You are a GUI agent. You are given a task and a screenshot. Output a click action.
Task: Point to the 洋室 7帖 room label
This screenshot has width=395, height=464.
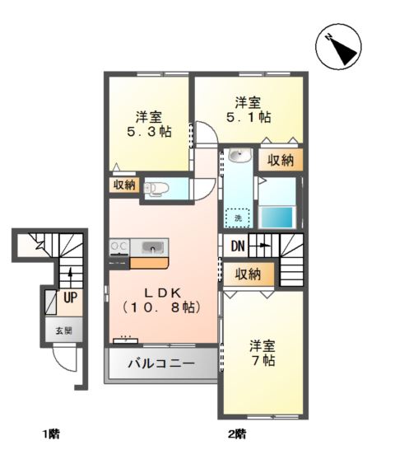click(263, 353)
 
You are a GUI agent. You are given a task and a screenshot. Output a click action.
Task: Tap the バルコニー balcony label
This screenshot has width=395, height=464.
click(161, 363)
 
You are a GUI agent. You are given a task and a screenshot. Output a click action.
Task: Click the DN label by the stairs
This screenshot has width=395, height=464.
click(236, 246)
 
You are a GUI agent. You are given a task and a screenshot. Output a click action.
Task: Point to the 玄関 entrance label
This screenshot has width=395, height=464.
click(63, 330)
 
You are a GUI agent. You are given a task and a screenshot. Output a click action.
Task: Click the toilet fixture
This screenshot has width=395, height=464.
click(156, 189)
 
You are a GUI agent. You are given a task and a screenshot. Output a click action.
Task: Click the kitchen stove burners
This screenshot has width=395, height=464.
click(118, 246)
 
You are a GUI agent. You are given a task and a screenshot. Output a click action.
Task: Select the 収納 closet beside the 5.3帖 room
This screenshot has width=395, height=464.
click(123, 185)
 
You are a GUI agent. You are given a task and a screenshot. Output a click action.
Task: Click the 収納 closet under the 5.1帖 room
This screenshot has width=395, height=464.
click(281, 160)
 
